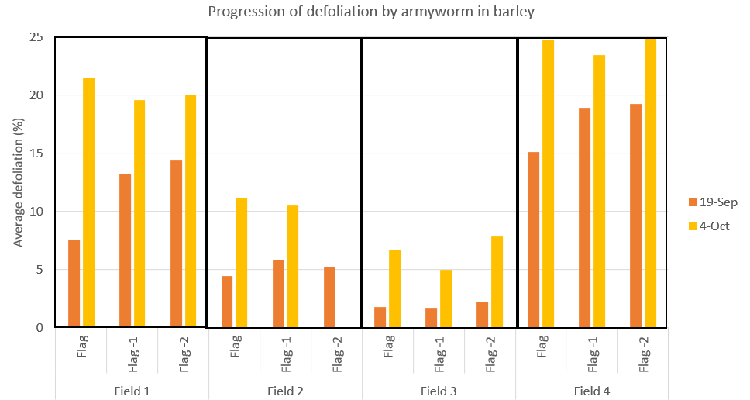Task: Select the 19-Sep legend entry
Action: [x=712, y=202]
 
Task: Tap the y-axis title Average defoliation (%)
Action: [x=18, y=183]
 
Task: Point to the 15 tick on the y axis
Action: [x=38, y=153]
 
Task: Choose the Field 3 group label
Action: [x=439, y=391]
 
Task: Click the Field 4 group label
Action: [x=592, y=391]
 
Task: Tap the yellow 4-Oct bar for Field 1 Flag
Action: [x=88, y=202]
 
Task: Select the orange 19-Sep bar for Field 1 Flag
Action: [x=74, y=284]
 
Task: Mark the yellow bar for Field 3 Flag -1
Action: [x=446, y=298]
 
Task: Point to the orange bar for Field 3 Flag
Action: [x=380, y=317]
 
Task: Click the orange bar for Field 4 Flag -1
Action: [x=584, y=218]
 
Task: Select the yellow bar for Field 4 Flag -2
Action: [x=650, y=183]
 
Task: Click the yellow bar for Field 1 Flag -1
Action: [x=139, y=214]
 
